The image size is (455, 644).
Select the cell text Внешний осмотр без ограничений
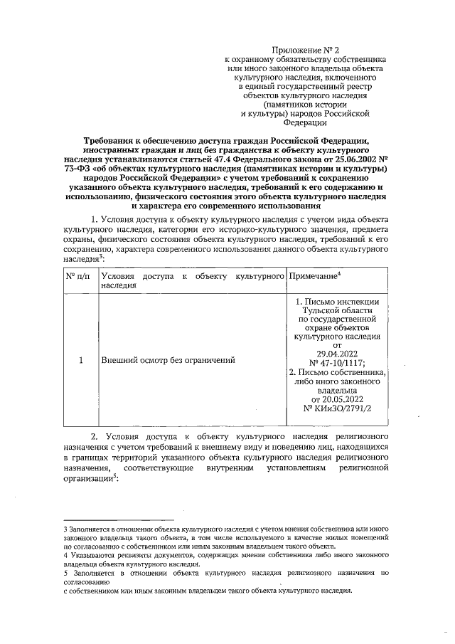(x=168, y=361)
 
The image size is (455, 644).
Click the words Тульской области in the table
(x=337, y=312)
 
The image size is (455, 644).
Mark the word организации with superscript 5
(x=88, y=480)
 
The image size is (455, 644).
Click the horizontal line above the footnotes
(x=119, y=520)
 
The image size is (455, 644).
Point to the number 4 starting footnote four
(x=65, y=555)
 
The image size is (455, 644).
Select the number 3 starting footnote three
(x=65, y=528)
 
